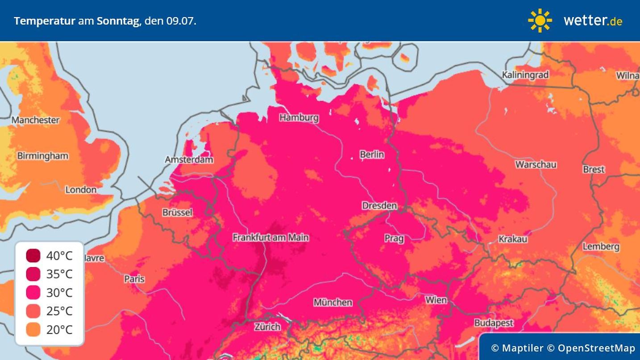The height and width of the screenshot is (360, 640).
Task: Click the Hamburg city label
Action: coord(299,117)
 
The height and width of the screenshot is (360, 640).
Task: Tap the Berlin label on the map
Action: coord(372,155)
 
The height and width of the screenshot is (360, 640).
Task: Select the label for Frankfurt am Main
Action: coord(270,238)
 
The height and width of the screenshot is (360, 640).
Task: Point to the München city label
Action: coord(332,302)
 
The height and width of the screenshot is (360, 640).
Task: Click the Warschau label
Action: coord(536,164)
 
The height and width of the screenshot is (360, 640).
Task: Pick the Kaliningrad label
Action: coord(525,75)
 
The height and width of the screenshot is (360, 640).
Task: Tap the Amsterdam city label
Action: coord(189,159)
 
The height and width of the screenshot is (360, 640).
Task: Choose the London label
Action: coord(81,190)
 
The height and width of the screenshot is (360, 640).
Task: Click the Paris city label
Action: coord(134,279)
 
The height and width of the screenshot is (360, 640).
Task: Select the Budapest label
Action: coord(494,323)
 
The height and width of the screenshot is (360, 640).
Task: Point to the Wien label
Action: coord(436,300)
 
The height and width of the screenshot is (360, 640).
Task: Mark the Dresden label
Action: coord(379,206)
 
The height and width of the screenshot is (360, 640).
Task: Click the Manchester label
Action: coord(35,120)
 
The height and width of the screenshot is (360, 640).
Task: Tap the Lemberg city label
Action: coord(601,247)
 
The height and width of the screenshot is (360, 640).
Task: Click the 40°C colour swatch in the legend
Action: coord(33,256)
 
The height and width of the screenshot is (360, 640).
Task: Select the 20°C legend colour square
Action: coord(33,330)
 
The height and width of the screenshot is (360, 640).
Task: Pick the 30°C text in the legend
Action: coord(59,293)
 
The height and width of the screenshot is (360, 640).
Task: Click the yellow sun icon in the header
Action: coord(540,21)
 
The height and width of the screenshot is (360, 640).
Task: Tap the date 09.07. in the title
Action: coord(181,21)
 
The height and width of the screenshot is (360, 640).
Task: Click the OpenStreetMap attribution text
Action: coord(596,348)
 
